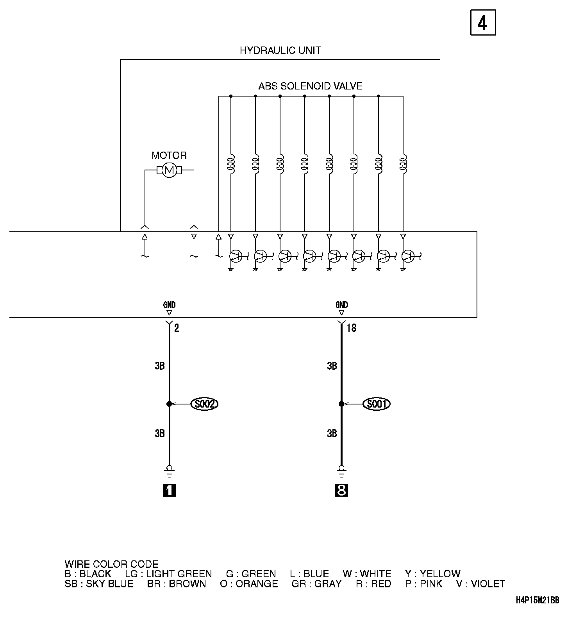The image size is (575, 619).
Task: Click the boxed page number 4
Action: coord(483,23)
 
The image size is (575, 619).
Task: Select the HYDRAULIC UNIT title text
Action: coord(280,50)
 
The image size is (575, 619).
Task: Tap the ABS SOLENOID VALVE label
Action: coord(310,86)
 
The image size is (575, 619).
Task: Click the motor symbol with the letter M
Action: coord(169,170)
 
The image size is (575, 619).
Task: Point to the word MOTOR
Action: coord(169,156)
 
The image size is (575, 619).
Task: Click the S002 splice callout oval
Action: coord(204,404)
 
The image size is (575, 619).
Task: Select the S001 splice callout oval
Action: coord(377,404)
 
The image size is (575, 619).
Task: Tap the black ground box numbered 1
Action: coord(169,490)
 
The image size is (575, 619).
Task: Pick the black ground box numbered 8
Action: coord(341,490)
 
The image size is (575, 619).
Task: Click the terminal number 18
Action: coord(351,328)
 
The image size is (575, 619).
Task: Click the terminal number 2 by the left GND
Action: coord(177,328)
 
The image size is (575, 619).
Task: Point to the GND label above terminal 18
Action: coord(341,305)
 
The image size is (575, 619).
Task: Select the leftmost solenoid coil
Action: coord(231,164)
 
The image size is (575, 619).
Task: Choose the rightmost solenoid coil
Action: coord(403,164)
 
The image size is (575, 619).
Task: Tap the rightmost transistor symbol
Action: coord(408,256)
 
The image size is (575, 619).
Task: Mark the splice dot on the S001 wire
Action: coord(341,404)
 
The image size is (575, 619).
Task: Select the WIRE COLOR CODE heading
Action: coord(111,564)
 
